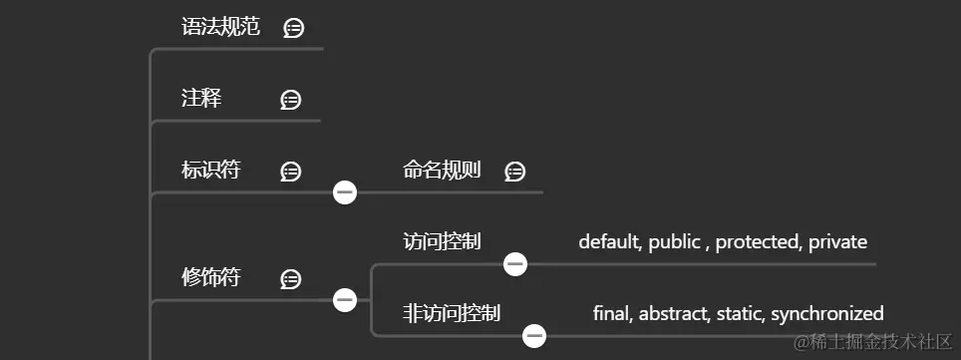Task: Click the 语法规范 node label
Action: point(220,27)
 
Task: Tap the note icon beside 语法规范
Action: point(293,28)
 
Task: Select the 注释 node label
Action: point(201,99)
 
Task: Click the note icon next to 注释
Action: point(291,100)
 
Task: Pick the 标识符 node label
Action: point(210,171)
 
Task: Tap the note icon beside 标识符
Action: point(291,172)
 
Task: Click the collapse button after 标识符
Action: point(345,191)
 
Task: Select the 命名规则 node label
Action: point(442,171)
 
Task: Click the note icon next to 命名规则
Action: point(514,172)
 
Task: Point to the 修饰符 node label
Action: point(210,277)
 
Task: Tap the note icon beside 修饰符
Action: point(291,278)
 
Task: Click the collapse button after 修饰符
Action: point(345,298)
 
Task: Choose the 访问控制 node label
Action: point(442,241)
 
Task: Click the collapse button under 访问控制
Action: point(515,263)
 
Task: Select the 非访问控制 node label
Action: point(452,313)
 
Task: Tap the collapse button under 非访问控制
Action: point(535,335)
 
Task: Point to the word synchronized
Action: point(827,314)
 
